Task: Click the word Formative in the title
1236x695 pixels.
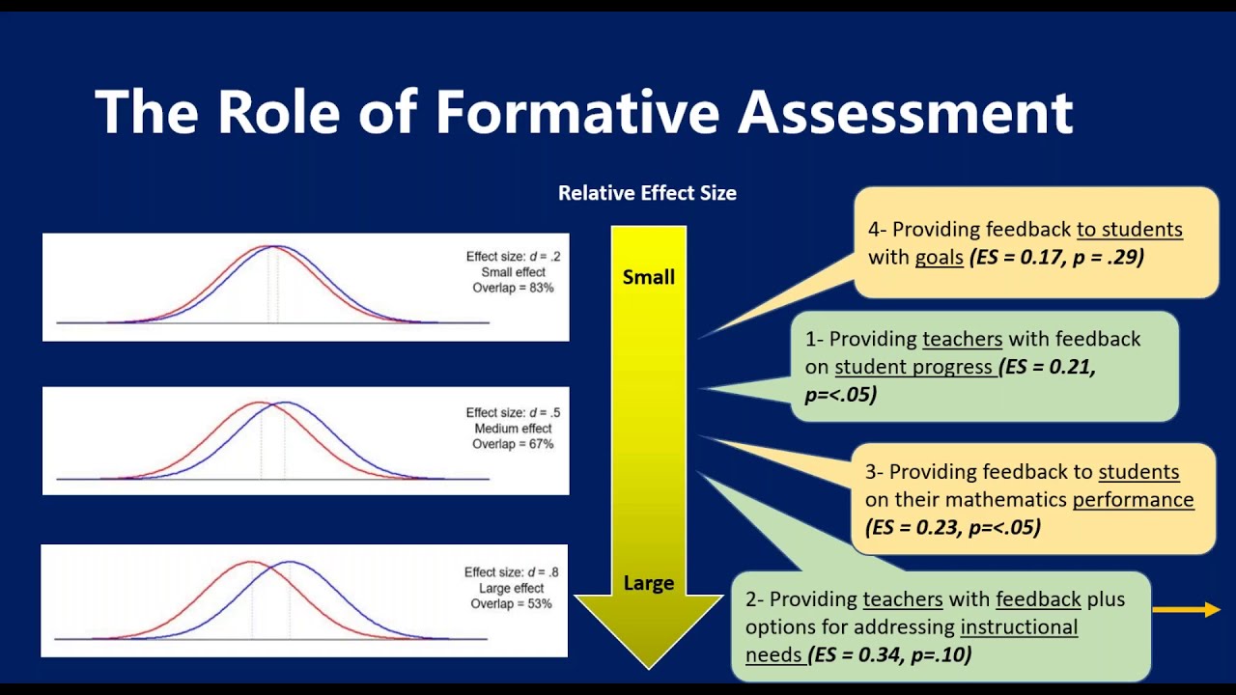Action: [576, 112]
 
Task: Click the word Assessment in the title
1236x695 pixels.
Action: [905, 112]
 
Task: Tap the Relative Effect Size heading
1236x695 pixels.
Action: [647, 193]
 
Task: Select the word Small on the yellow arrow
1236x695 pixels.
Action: [649, 277]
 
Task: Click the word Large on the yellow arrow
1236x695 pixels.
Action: [649, 583]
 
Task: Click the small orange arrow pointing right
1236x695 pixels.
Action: [1187, 609]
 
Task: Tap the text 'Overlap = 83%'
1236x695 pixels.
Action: [513, 288]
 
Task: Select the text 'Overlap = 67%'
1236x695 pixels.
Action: [513, 444]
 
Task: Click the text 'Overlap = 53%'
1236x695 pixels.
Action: [511, 604]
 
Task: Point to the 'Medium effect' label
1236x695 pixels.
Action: [513, 429]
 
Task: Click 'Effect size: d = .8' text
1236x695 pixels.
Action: [511, 572]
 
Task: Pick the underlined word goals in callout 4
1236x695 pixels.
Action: [940, 257]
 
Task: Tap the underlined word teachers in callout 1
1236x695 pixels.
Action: [962, 339]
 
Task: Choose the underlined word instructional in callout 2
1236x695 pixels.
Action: [1019, 626]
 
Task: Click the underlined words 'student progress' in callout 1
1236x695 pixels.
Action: [913, 367]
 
